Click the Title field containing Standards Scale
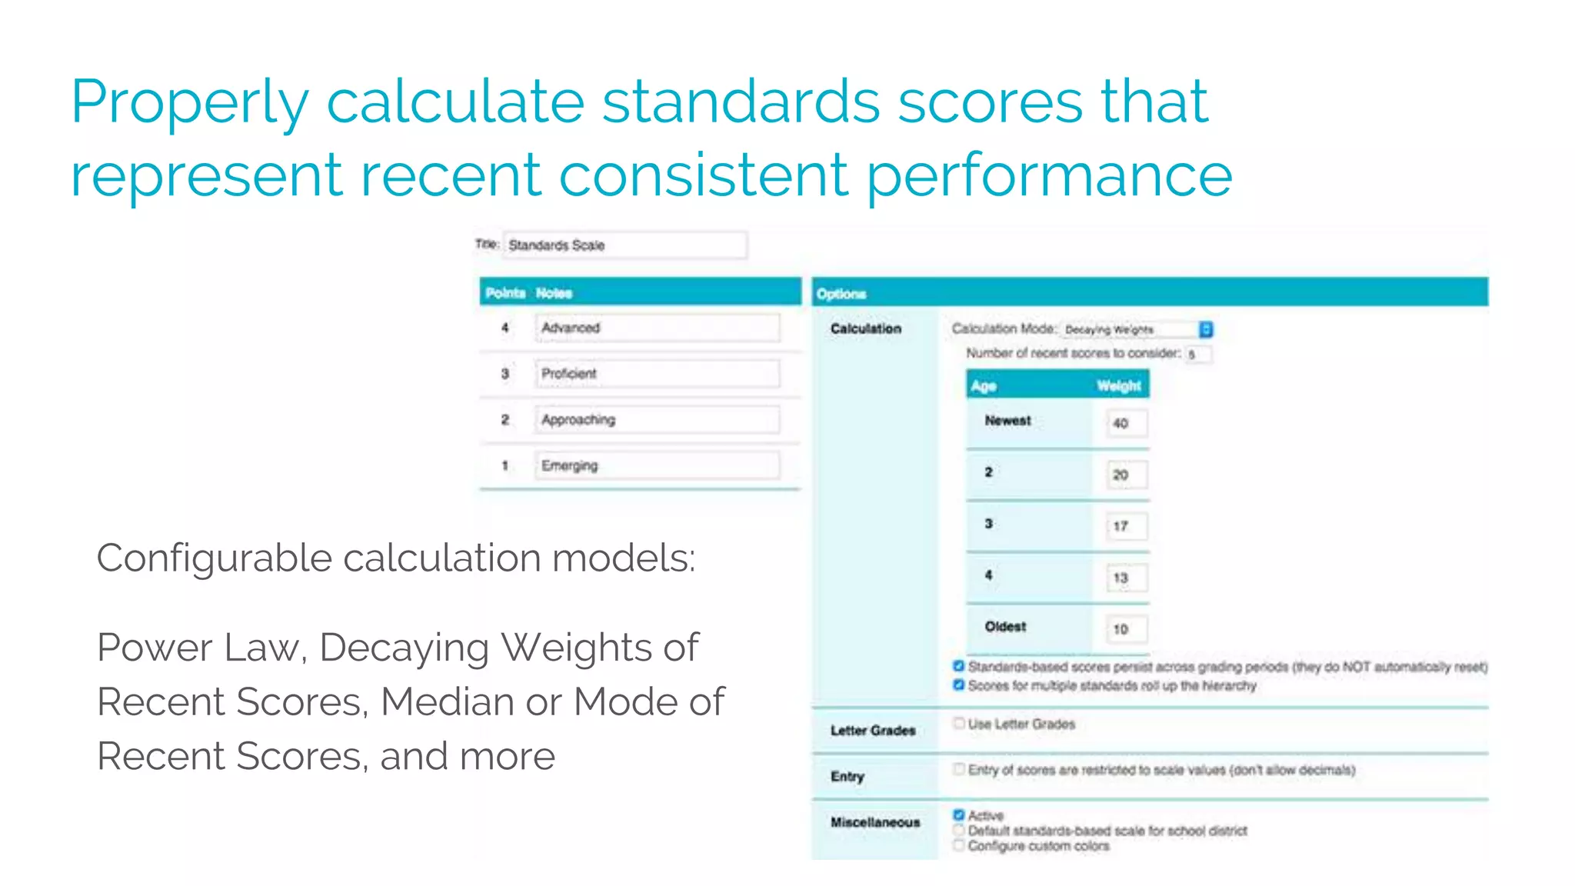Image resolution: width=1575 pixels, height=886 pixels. pos(624,245)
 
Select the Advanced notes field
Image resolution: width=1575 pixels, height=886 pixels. pos(657,328)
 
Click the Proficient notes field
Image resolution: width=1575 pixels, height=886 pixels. pos(657,374)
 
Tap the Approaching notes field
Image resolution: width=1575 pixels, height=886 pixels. pos(657,420)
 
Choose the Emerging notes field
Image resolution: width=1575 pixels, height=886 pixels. pos(657,466)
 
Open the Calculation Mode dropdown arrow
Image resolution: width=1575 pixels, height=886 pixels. pos(1206,329)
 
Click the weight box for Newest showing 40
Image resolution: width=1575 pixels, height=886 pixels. pos(1125,423)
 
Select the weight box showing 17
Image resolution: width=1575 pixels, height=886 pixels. pos(1125,526)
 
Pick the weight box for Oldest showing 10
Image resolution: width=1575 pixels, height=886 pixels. pos(1125,629)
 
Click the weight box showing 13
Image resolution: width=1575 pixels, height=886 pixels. pos(1125,578)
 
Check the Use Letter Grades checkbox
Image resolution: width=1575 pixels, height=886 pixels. pos(959,723)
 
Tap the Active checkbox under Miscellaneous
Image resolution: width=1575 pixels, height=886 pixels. pos(959,815)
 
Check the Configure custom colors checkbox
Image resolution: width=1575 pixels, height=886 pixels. pos(959,846)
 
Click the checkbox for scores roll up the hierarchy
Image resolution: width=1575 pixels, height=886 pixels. pos(959,684)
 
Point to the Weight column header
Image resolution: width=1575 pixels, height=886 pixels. pos(1118,386)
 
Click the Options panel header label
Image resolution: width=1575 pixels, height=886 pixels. pos(841,294)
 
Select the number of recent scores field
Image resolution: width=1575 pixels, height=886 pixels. pos(1197,355)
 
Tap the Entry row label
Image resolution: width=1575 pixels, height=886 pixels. pos(847,777)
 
